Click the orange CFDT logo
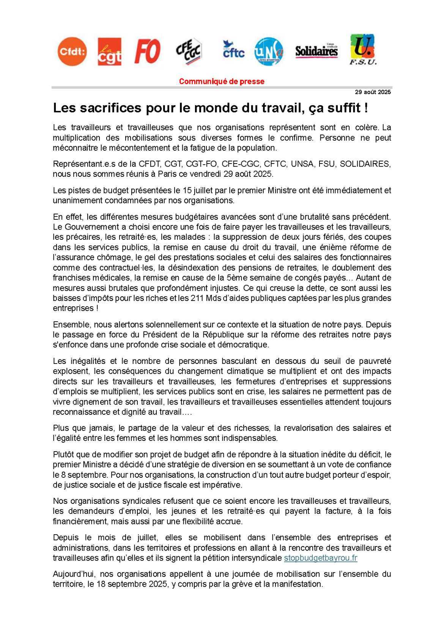tap(72, 52)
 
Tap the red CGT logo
tap(110, 52)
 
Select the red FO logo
tap(147, 51)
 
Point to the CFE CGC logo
tap(189, 51)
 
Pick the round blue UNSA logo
tap(269, 52)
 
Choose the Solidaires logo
tap(316, 51)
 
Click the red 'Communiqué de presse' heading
tap(222, 82)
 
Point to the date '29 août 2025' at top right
tap(373, 92)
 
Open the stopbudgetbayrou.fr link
tap(321, 558)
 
